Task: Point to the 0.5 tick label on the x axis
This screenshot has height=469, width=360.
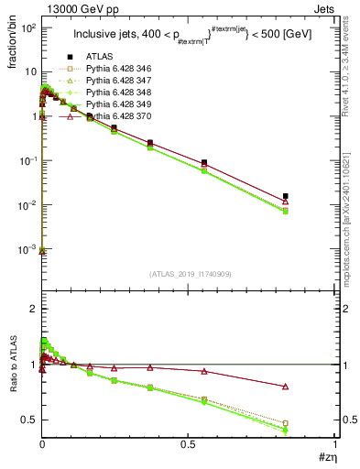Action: pyautogui.click(x=188, y=445)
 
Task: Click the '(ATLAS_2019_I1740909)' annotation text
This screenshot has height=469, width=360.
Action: pyautogui.click(x=188, y=274)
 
